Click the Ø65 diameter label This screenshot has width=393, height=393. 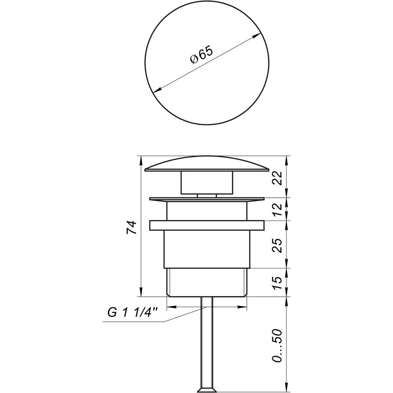click(x=201, y=56)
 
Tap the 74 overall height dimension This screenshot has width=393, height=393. click(x=133, y=228)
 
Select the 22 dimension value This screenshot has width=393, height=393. click(x=278, y=177)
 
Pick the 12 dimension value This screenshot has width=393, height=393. click(x=278, y=209)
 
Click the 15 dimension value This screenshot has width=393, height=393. click(x=278, y=282)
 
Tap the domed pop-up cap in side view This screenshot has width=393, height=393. click(x=207, y=164)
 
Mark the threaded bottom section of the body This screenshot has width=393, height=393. click(x=207, y=282)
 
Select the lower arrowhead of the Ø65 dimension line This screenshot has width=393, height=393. click(x=156, y=91)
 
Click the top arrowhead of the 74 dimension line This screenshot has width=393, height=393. click(x=140, y=158)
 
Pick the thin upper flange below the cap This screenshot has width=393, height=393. click(x=207, y=199)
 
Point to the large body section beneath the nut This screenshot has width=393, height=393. click(x=207, y=249)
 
